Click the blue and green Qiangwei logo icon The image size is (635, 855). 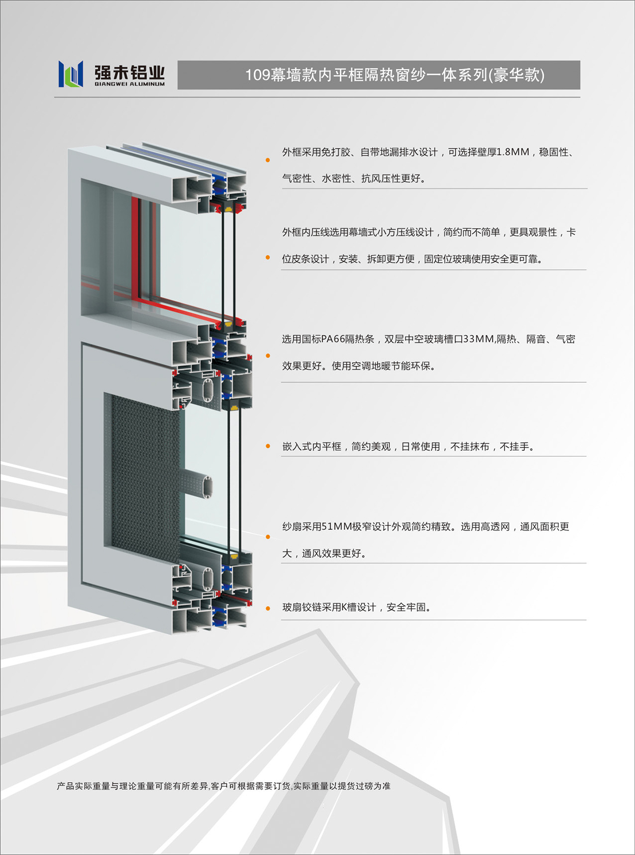pyautogui.click(x=71, y=74)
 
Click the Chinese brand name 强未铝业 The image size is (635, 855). pyautogui.click(x=130, y=72)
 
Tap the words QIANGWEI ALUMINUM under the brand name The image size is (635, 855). pyautogui.click(x=130, y=84)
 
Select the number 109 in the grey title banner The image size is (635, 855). pyautogui.click(x=258, y=75)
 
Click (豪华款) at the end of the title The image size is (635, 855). pyautogui.click(x=516, y=75)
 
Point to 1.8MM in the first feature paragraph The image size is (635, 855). pyautogui.click(x=513, y=152)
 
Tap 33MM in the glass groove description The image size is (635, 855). pyautogui.click(x=479, y=339)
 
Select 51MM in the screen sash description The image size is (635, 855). pyautogui.click(x=337, y=527)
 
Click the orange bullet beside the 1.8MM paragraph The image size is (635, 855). pyautogui.click(x=268, y=160)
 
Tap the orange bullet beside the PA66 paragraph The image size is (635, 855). pyautogui.click(x=268, y=356)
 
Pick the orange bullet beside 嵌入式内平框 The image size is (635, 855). pyautogui.click(x=268, y=446)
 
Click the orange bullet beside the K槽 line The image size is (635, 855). pyautogui.click(x=268, y=609)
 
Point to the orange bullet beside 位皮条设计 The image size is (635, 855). pyautogui.click(x=268, y=257)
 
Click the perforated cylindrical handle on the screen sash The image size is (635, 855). pyautogui.click(x=197, y=483)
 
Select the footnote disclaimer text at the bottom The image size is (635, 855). pyautogui.click(x=224, y=786)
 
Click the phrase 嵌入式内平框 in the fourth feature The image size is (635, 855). pyautogui.click(x=312, y=446)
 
